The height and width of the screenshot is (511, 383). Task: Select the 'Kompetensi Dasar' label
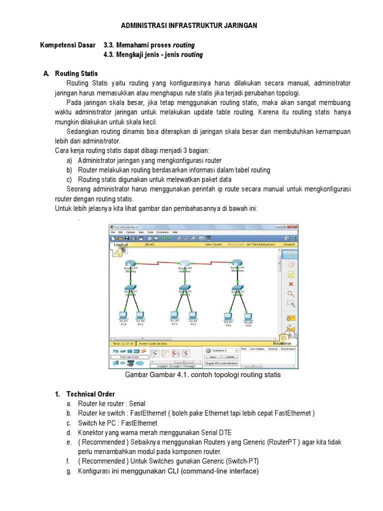[x=67, y=45]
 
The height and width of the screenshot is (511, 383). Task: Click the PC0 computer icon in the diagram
[x=123, y=315]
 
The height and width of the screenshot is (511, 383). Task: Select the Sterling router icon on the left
[x=130, y=263]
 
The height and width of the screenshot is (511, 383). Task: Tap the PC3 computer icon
[x=193, y=315]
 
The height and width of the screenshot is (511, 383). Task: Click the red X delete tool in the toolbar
[x=291, y=284]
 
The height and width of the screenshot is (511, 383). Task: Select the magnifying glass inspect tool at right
[x=291, y=293]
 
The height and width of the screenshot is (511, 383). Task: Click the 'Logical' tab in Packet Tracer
[x=121, y=245]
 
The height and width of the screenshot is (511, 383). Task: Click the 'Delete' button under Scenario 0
[x=229, y=357]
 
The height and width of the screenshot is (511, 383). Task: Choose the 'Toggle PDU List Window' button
[x=222, y=363]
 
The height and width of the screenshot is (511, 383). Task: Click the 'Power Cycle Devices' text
[x=153, y=344]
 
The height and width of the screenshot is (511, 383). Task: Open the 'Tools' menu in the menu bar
[x=150, y=233]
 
